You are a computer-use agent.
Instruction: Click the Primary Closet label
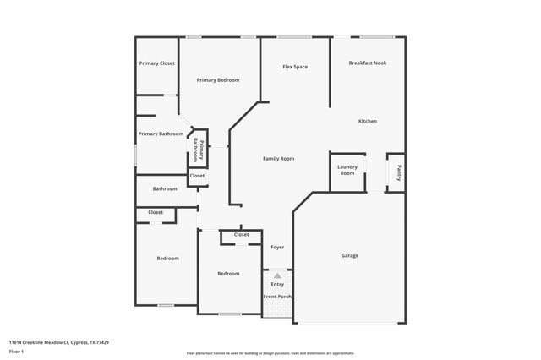[157, 63]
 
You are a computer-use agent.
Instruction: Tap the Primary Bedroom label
[218, 80]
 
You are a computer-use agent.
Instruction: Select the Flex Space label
[294, 66]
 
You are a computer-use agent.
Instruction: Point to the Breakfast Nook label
[369, 63]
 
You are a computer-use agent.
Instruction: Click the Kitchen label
[368, 122]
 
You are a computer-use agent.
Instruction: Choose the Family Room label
[278, 159]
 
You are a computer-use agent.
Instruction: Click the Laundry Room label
[347, 169]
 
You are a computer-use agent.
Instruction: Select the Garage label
[350, 255]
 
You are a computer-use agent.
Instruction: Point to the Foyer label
[277, 248]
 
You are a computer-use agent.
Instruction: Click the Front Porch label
[277, 297]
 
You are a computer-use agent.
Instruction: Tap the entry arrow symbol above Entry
[277, 275]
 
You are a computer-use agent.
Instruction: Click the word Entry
[277, 284]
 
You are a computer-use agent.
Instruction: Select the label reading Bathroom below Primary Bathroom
[165, 188]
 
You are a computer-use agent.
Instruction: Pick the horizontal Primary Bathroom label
[161, 134]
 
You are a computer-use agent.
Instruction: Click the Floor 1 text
[16, 351]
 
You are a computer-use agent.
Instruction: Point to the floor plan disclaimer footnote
[270, 353]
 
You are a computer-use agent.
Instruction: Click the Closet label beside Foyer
[241, 235]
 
